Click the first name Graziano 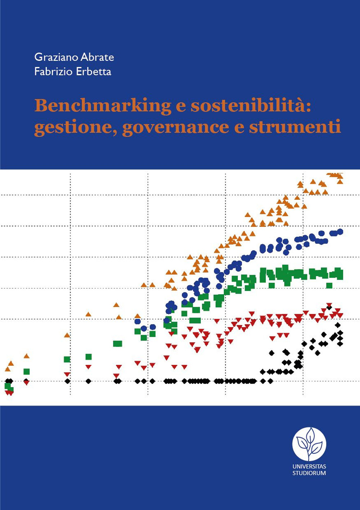[56, 57]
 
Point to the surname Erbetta [94, 71]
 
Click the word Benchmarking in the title [103, 106]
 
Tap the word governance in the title [175, 127]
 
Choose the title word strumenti [295, 127]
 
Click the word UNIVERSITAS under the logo [309, 466]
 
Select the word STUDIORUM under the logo [309, 473]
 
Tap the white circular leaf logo [309, 444]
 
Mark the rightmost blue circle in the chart [340, 232]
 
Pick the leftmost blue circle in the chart [138, 321]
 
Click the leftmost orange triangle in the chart [8, 369]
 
